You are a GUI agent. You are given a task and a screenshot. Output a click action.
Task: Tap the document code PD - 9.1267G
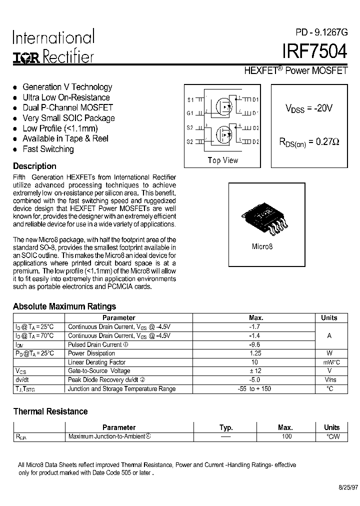coord(321,32)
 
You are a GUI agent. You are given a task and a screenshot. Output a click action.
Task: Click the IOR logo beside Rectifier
coord(25,57)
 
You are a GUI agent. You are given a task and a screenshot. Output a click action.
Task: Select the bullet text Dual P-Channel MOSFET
coord(68,107)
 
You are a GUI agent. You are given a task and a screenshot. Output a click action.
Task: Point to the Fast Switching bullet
coord(48,149)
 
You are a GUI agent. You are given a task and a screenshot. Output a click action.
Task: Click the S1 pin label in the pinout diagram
coord(190,99)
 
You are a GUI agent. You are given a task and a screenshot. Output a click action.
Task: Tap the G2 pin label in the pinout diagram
coord(190,142)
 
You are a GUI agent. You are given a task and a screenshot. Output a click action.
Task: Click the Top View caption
coord(223,160)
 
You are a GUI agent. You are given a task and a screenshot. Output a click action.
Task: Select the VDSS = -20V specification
coord(308,108)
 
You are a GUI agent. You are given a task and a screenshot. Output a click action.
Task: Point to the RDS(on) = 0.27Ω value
coord(308,142)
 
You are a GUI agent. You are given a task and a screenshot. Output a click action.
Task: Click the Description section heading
coord(34,166)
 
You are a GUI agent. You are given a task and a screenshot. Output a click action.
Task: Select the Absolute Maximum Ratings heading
coord(64,306)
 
